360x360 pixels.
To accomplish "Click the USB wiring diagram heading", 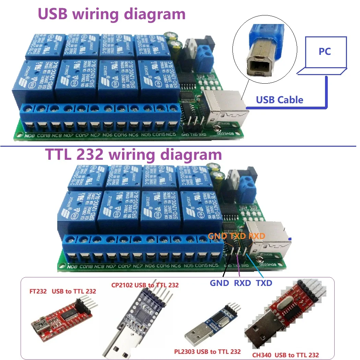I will click(111, 14).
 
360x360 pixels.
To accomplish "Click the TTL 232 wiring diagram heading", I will click(134, 155).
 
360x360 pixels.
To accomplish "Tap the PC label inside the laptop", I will click(324, 51).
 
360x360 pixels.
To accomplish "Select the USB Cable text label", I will click(279, 100).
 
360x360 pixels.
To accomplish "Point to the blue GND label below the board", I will click(219, 283).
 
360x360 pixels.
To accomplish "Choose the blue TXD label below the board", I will click(264, 283).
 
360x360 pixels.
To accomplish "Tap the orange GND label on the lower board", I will click(217, 236).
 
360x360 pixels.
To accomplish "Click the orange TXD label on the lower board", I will click(238, 236).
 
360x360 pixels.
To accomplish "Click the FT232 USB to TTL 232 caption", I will click(62, 291).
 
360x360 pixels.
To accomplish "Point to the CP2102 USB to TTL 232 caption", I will click(145, 285).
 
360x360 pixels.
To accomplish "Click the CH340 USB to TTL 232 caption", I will click(285, 355).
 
